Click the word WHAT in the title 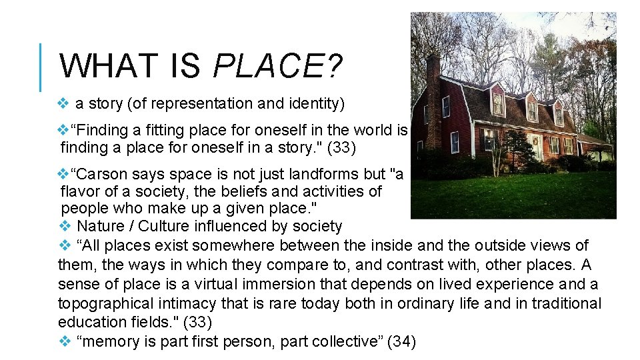tap(104, 66)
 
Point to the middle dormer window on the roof tap(531, 107)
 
